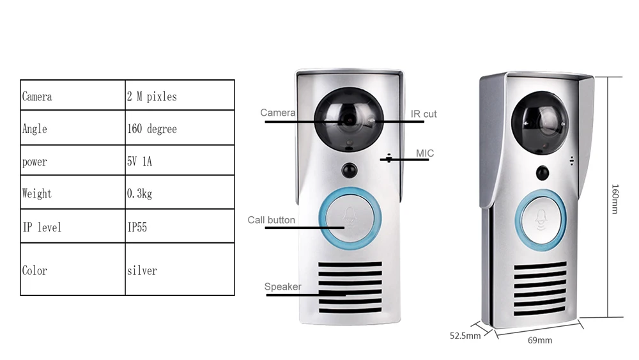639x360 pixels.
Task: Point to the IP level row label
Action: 42,226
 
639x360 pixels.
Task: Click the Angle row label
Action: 35,129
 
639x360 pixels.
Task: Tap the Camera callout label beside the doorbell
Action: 277,113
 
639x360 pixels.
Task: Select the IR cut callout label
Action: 424,114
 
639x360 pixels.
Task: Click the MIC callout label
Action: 425,153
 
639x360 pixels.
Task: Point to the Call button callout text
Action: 272,220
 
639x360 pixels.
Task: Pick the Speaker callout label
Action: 282,286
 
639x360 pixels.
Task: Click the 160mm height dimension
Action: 615,198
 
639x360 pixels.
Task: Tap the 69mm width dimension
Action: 539,340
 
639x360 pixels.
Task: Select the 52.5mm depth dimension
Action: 465,336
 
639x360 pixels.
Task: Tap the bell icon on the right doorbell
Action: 543,221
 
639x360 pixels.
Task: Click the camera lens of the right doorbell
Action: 541,119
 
